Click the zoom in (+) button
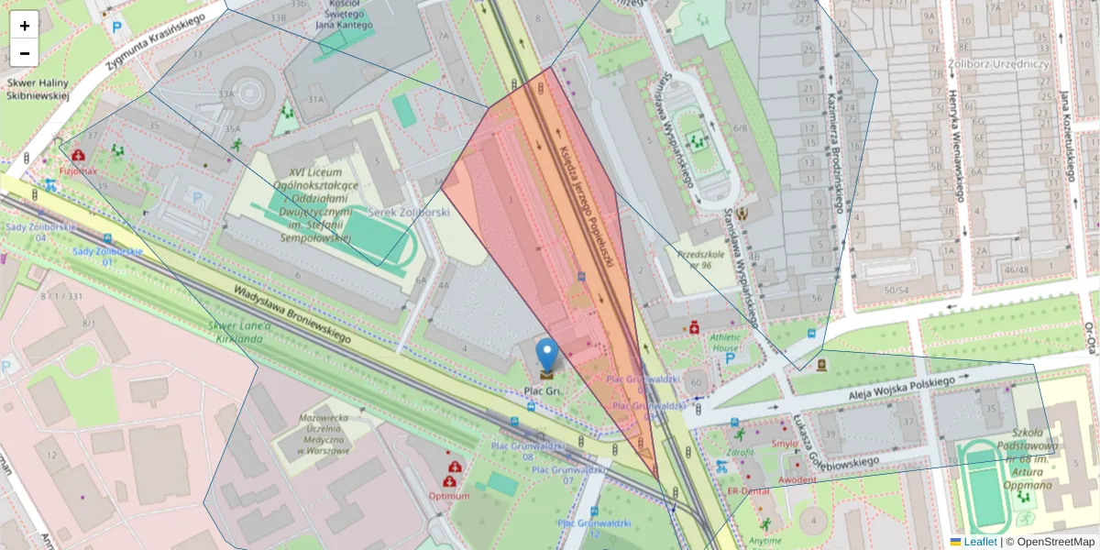[25, 26]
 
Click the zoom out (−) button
[25, 53]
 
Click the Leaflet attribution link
[980, 542]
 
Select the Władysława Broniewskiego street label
[291, 313]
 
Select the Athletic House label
[724, 342]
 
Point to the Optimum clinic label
[449, 496]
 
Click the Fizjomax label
[78, 170]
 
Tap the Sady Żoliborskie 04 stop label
[27, 232]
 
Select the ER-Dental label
[747, 491]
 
